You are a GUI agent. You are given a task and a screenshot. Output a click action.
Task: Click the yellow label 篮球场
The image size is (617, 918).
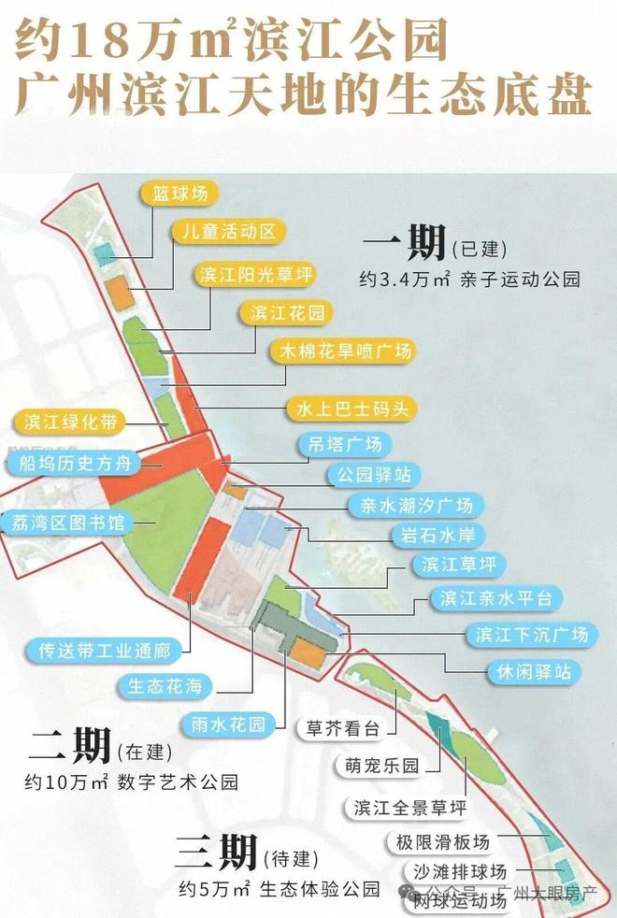pyautogui.click(x=180, y=194)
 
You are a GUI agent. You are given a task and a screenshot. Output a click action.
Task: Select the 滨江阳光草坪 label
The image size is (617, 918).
pyautogui.click(x=254, y=275)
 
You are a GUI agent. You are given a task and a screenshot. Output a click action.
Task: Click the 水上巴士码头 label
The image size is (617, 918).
pyautogui.click(x=351, y=409)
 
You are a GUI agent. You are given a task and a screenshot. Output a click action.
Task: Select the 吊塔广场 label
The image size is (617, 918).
pyautogui.click(x=344, y=444)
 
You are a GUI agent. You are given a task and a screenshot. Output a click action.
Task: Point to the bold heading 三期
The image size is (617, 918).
pyautogui.click(x=214, y=852)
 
